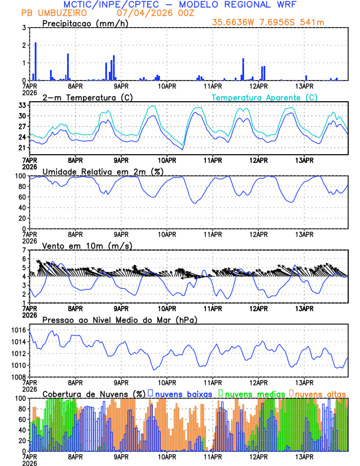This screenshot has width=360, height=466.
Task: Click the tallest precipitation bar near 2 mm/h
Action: (35, 61)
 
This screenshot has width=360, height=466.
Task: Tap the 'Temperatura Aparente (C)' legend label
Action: (265, 97)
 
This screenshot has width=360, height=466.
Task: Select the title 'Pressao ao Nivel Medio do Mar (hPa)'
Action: (120, 319)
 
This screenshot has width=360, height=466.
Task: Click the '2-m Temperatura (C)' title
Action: (82, 97)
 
